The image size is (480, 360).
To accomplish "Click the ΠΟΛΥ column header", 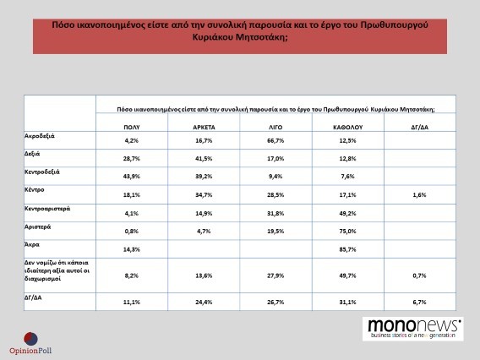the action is point(132,128).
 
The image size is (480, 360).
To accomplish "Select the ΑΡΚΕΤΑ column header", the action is point(204,128).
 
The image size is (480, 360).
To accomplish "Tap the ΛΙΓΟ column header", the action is point(275,128).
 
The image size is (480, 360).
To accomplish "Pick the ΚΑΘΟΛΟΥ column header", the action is point(348,128).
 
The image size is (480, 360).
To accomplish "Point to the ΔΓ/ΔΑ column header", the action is point(420,128).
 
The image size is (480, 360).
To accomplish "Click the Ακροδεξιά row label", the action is point(40,136).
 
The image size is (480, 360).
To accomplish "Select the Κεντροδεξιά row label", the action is point(42,172).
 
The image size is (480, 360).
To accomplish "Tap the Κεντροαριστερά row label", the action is point(47,209).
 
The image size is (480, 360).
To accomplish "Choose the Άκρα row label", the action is point(32,244).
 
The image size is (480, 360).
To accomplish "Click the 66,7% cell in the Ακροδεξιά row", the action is point(275,140).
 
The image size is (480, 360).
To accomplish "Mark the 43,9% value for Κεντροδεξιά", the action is point(132,177).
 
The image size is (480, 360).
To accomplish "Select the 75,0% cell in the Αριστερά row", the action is point(348,231).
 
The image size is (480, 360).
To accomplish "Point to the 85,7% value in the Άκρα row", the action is point(348,249).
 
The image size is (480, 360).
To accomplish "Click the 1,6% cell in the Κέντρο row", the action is point(420,194).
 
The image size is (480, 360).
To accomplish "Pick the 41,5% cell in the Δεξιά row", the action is point(204,159).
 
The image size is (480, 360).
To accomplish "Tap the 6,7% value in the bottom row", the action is point(420,303).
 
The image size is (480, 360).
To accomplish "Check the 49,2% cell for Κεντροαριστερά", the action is point(348,213).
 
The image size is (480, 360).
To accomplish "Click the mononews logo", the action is point(413,329).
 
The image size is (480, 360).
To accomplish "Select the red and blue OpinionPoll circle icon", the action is point(31,339).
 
